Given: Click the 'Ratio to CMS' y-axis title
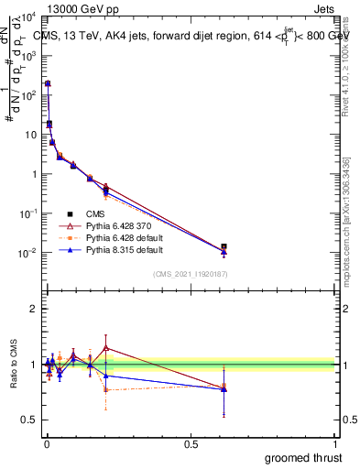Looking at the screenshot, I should (x=14, y=365).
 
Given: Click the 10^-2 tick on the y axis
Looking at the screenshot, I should (x=29, y=253).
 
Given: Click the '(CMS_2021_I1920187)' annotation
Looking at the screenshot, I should (x=191, y=273).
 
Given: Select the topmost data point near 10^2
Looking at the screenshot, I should (x=48, y=83).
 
